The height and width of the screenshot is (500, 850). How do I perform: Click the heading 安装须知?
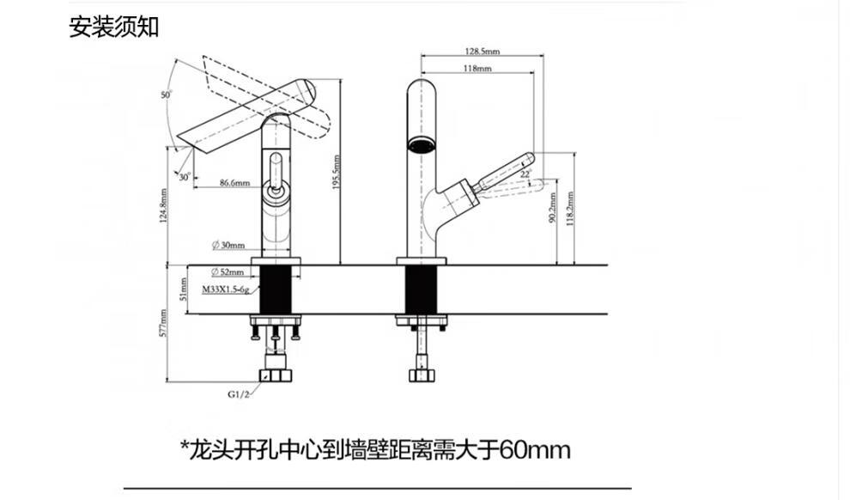click(114, 27)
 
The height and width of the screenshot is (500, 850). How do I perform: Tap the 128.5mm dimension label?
click(482, 51)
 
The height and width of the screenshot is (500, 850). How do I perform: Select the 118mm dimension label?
click(477, 69)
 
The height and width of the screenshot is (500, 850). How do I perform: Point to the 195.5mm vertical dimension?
click(336, 173)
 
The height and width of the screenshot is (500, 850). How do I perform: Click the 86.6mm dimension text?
click(234, 183)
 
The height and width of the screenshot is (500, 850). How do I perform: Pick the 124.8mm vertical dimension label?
click(164, 207)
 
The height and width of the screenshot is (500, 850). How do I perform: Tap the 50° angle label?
click(167, 95)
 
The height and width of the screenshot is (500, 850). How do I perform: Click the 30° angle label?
click(185, 177)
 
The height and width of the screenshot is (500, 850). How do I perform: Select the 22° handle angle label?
click(525, 174)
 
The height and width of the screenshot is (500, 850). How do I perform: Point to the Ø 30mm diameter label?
click(228, 245)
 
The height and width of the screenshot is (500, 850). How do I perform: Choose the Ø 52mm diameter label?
click(228, 271)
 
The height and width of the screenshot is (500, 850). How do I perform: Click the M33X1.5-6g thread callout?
click(226, 290)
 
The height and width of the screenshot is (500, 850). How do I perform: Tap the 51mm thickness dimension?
click(183, 289)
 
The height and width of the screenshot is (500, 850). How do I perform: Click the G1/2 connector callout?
click(239, 394)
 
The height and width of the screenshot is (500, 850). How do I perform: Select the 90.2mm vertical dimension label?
click(552, 207)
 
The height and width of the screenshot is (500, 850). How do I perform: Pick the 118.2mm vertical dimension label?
click(570, 210)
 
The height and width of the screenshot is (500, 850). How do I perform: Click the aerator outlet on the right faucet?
click(421, 145)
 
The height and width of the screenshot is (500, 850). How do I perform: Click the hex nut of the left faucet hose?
click(276, 375)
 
